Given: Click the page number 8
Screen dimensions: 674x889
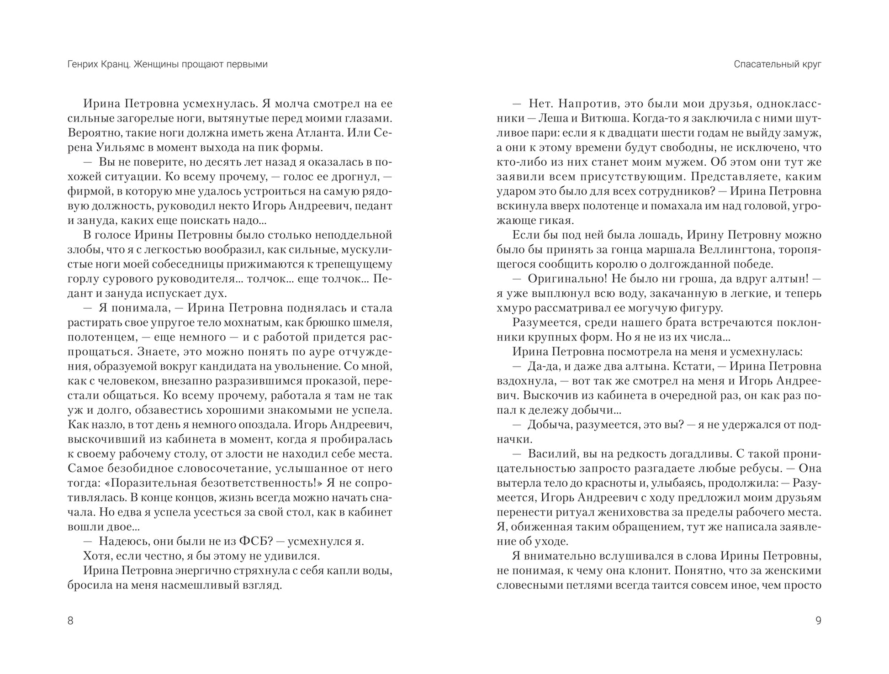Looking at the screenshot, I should (x=70, y=621).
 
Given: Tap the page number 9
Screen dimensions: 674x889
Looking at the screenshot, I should (x=818, y=621).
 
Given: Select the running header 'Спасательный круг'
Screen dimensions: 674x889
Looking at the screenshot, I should (x=778, y=64).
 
